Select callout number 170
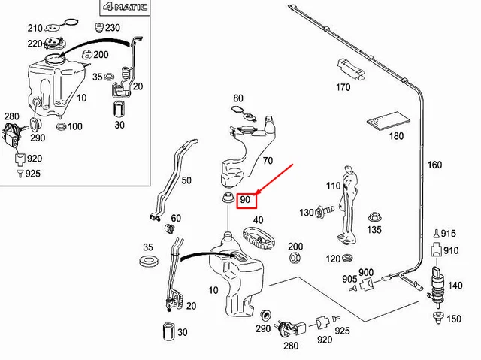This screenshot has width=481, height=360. coord(343,87)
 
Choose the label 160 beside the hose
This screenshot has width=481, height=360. coord(435,165)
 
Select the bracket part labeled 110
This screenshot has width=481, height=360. coord(350,203)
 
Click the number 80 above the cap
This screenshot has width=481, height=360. coord(238,98)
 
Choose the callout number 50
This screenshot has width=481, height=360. coord(186,180)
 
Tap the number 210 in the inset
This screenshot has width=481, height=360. coord(35,28)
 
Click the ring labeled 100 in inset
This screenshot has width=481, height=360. coord(62,126)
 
